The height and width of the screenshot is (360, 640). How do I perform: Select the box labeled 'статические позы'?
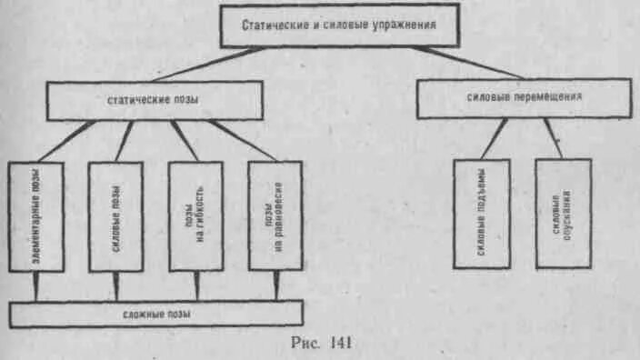point(155,100)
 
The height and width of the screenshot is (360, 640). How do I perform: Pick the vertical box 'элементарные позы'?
point(36,216)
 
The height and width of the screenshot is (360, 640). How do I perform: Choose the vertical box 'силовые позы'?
point(115,216)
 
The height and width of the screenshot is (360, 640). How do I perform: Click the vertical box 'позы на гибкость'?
point(195,216)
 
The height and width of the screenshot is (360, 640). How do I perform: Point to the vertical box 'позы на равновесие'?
point(275,216)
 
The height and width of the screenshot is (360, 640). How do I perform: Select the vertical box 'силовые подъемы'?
point(482,214)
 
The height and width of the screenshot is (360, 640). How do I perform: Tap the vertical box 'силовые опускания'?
point(563,214)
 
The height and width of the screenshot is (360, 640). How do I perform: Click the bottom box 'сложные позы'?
point(155,315)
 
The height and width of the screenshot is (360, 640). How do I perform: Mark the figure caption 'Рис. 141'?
point(319,343)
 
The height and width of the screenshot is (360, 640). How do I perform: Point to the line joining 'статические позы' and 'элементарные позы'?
point(63,141)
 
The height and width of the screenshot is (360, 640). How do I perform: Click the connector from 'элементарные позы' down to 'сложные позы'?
point(36,286)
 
